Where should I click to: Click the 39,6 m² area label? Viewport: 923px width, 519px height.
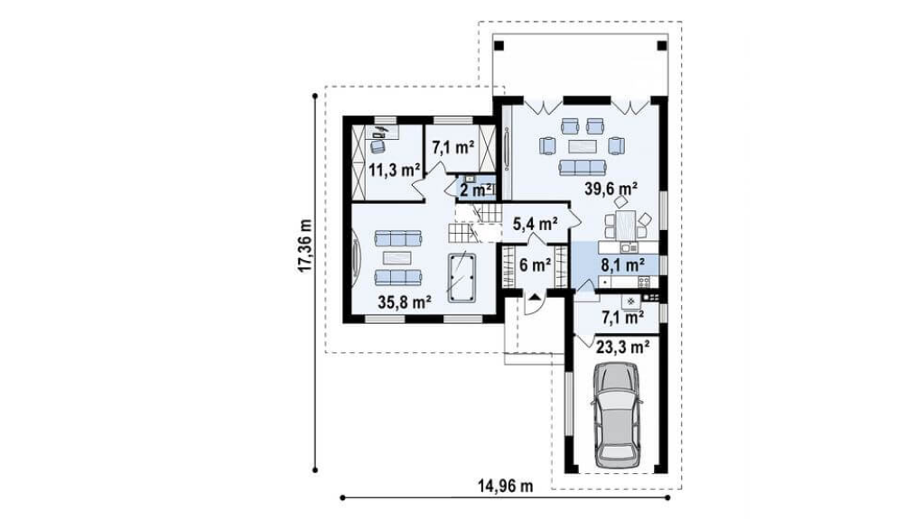[611, 189]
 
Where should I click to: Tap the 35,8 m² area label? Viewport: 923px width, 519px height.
[405, 302]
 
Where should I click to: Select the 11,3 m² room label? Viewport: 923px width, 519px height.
[394, 171]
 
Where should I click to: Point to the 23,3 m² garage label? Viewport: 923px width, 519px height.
[623, 348]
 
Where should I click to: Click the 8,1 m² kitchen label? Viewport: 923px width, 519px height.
[622, 265]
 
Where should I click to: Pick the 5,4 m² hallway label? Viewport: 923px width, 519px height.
[536, 224]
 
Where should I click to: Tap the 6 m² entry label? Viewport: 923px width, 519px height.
[535, 265]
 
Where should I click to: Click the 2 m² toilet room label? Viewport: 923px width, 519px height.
[476, 190]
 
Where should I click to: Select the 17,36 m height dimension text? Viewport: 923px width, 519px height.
[304, 246]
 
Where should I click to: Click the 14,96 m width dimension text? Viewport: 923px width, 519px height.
[506, 486]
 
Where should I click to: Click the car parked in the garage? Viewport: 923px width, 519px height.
[616, 415]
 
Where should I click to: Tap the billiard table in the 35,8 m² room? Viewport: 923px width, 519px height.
[461, 277]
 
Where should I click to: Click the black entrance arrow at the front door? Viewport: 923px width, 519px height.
[535, 297]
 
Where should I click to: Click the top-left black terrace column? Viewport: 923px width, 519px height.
[499, 45]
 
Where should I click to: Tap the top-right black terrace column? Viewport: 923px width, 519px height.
[662, 45]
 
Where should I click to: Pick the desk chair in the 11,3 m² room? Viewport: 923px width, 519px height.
[378, 145]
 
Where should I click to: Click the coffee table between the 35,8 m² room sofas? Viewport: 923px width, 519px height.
[398, 258]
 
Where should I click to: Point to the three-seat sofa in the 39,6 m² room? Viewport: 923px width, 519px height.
[583, 168]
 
